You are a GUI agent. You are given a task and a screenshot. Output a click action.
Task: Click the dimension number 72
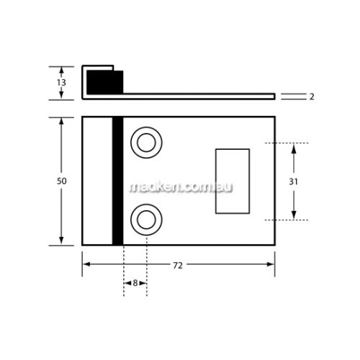point(178,266)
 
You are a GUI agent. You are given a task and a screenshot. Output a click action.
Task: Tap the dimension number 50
point(61,181)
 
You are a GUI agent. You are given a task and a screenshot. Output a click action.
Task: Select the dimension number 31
point(293,182)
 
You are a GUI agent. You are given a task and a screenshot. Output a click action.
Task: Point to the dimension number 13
point(61,83)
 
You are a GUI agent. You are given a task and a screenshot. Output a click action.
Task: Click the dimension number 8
point(135,283)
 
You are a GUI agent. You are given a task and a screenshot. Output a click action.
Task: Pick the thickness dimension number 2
point(312,96)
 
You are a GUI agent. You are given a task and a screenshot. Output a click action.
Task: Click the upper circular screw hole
point(146,143)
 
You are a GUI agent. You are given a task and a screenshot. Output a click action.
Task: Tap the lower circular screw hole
point(146,220)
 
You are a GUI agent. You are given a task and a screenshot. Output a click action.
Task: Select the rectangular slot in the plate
point(233,181)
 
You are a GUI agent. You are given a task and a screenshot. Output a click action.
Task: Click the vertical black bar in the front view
point(117,181)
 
